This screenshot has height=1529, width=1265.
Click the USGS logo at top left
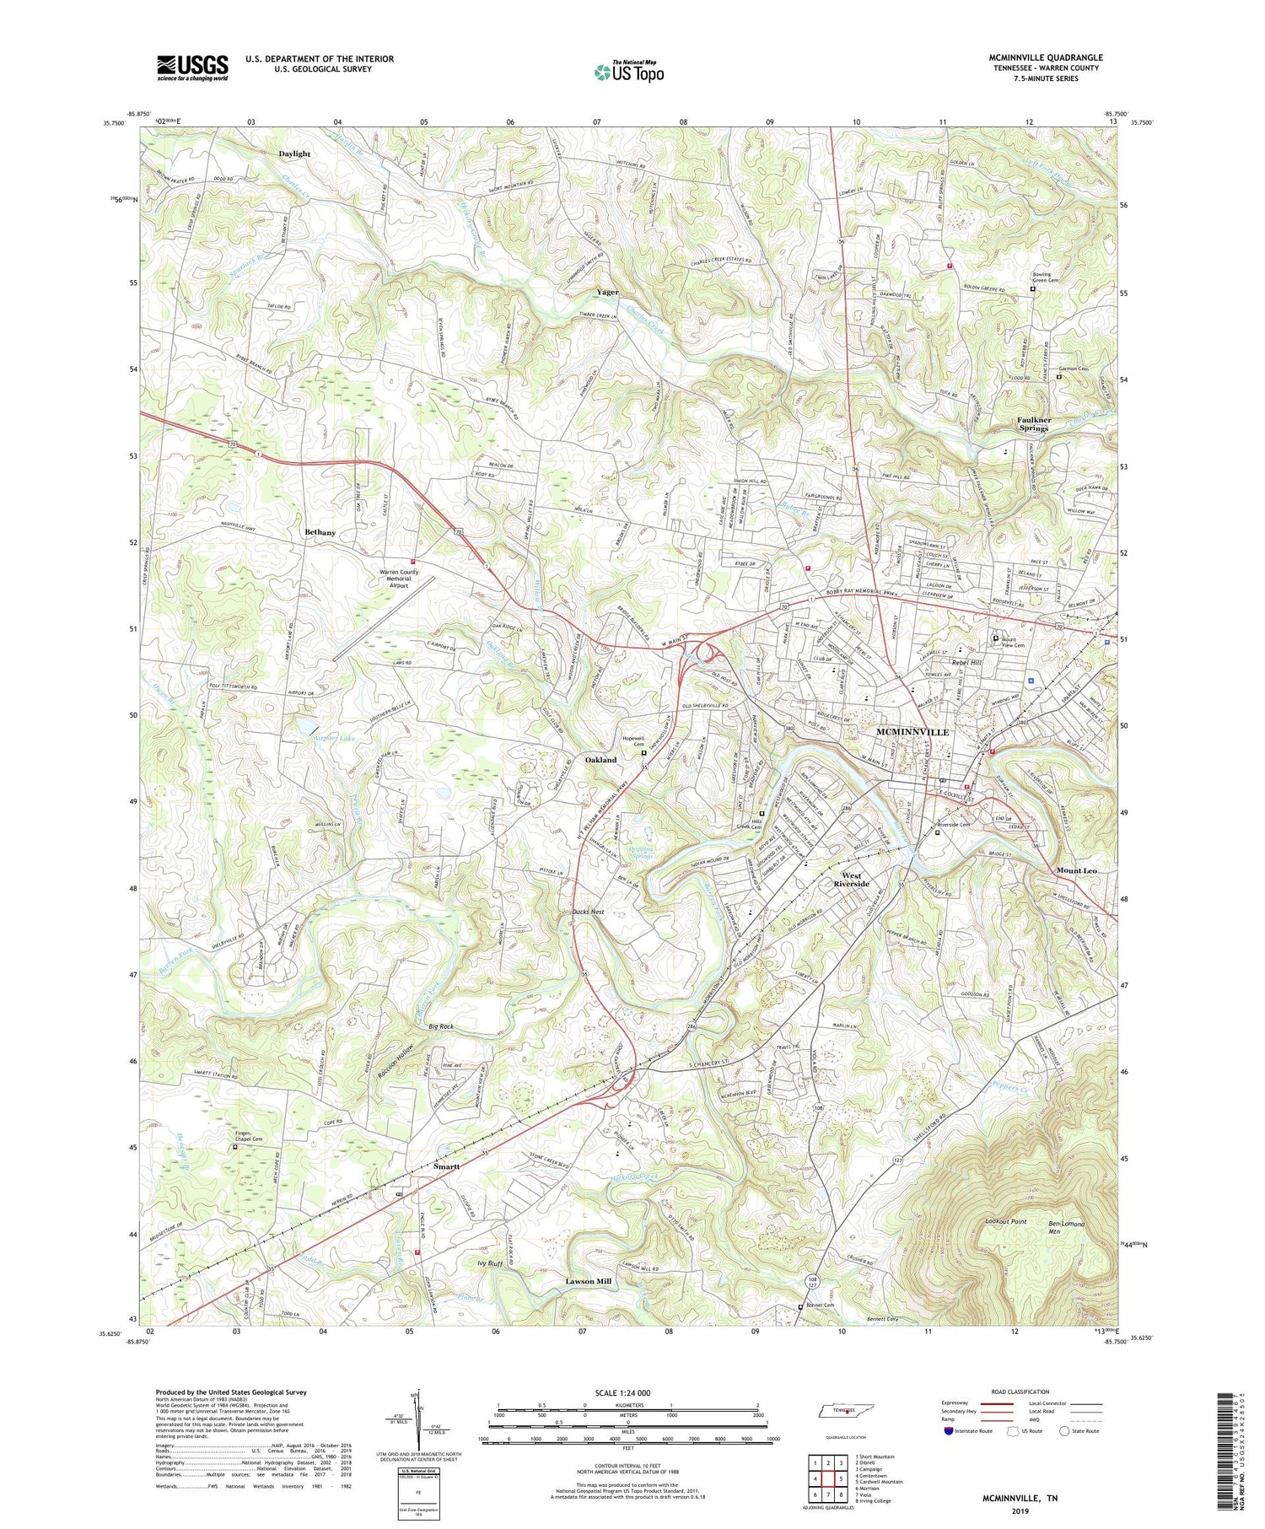pos(192,67)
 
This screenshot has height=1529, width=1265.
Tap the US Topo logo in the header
pos(628,73)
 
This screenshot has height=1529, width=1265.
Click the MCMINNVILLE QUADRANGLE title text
pos(1045,57)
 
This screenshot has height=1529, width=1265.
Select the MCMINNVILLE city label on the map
pos(912,731)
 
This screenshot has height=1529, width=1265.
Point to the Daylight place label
pos(294,154)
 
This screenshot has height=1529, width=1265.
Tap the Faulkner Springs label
pos(1032,423)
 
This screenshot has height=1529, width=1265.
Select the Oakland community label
pos(600,760)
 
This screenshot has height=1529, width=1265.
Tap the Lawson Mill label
pos(588,1281)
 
